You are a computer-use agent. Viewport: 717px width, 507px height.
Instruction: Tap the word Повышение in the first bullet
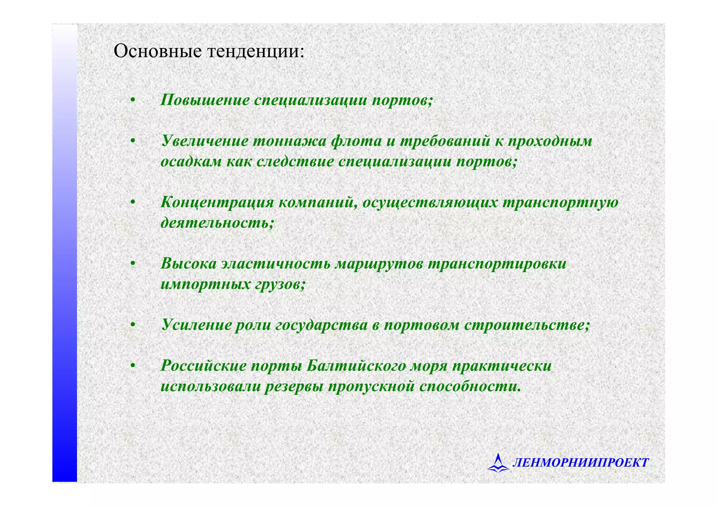tap(205, 100)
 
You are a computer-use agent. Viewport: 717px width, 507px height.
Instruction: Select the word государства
tap(321, 325)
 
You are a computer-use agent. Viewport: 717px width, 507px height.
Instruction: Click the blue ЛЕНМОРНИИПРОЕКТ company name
tap(580, 463)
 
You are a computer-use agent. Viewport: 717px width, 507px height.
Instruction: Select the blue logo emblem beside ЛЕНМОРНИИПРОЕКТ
tap(498, 462)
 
